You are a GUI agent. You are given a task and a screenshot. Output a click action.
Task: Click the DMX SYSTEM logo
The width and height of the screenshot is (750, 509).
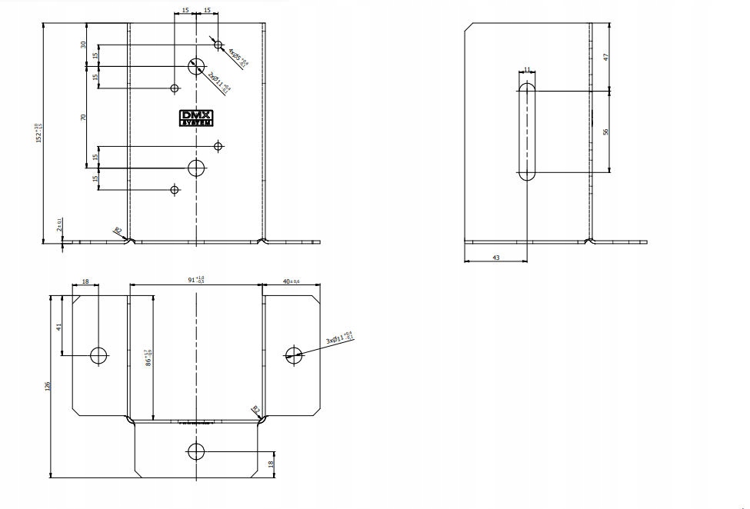tap(196, 118)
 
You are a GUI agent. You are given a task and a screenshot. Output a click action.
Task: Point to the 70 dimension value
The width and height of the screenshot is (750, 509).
tap(83, 117)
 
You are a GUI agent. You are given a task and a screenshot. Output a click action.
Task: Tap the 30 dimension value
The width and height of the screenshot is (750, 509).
tap(83, 45)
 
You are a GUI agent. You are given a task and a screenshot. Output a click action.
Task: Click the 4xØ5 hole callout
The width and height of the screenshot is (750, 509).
tap(236, 58)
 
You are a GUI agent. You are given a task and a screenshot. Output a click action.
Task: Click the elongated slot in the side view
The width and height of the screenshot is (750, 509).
tap(527, 132)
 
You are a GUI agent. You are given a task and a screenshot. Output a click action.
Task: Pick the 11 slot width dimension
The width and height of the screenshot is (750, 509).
tap(527, 69)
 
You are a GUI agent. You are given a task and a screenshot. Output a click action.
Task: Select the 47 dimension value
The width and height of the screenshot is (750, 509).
tap(606, 57)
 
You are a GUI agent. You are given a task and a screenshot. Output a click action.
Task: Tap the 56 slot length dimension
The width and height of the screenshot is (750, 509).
tap(606, 131)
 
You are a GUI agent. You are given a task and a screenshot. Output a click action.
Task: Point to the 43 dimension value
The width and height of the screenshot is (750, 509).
tap(495, 258)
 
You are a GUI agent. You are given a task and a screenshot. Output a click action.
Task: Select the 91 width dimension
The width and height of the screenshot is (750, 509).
tap(195, 280)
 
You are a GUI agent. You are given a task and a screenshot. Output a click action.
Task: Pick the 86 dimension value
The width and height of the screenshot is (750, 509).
tap(148, 357)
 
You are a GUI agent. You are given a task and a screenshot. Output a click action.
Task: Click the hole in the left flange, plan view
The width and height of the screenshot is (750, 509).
tap(98, 355)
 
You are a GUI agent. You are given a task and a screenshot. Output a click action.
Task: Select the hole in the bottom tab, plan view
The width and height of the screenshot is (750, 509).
tap(196, 451)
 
